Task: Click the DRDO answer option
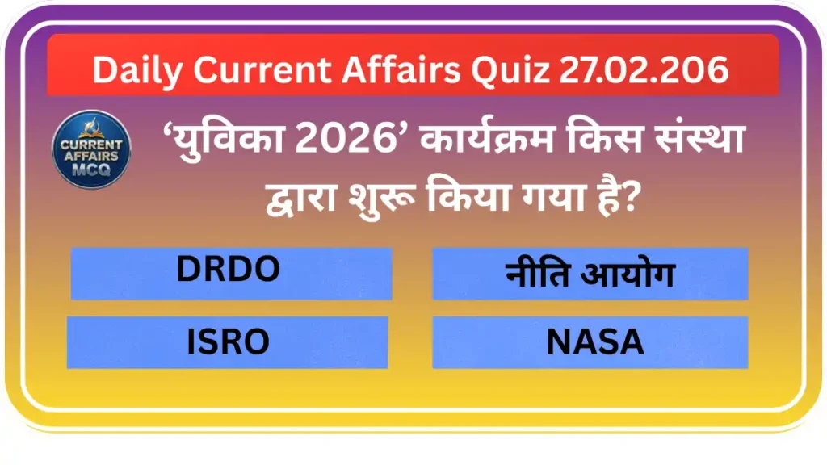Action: point(230,273)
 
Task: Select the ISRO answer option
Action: point(228,342)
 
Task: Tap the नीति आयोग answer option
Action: point(590,274)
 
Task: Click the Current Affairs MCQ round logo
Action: point(90,150)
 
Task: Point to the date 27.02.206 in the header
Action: point(643,69)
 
